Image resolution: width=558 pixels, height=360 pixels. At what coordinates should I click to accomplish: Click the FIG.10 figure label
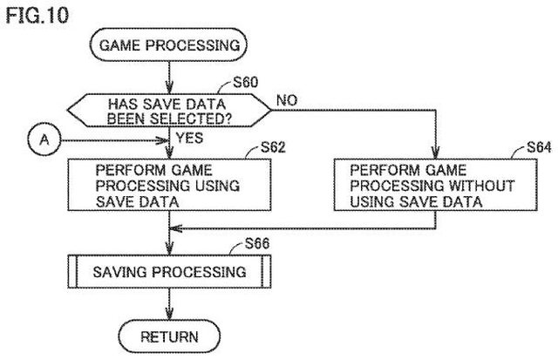37,16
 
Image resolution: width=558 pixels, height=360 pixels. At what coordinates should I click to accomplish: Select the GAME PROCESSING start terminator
168,44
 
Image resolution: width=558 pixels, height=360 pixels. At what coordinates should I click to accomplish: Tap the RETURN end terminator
169,336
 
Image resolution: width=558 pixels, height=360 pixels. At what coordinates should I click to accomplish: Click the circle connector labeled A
44,139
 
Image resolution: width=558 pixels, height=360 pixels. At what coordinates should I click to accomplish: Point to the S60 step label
246,82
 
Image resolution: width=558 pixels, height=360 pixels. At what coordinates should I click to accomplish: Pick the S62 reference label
273,147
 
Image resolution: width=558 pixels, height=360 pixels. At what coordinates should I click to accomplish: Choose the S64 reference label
539,147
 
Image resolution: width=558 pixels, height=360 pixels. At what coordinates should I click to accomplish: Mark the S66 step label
257,244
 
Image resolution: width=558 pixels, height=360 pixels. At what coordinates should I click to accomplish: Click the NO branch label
287,100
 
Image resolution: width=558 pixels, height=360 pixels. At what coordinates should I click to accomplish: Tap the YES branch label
190,138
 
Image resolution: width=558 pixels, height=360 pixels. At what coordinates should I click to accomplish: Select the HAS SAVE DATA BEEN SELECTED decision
169,111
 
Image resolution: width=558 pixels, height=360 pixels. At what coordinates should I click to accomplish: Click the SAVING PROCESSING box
169,272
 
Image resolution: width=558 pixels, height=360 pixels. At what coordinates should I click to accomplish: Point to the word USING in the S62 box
217,186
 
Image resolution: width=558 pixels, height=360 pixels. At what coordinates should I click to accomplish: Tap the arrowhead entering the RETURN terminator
169,314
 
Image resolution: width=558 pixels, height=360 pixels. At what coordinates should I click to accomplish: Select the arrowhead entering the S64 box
435,153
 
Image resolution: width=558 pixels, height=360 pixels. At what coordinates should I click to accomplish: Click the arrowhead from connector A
162,140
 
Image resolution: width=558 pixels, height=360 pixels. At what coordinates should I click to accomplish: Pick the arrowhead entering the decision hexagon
169,88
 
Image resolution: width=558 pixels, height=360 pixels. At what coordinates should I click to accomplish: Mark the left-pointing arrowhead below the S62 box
176,228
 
